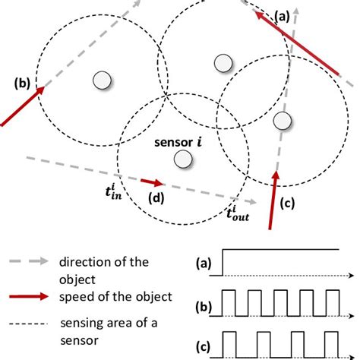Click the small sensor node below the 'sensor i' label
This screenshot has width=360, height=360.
click(x=182, y=159)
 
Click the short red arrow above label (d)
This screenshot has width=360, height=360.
click(x=152, y=182)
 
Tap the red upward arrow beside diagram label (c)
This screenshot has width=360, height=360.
click(x=274, y=198)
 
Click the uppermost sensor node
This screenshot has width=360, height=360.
click(x=222, y=64)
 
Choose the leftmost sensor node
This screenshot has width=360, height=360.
click(x=101, y=78)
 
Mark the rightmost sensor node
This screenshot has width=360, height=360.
click(x=282, y=120)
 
